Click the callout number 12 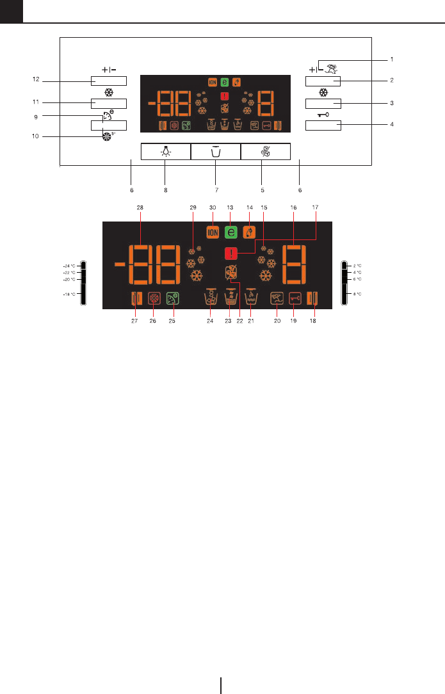pos(36,81)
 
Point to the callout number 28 pos(141,208)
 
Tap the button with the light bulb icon pos(165,152)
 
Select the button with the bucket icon pos(216,152)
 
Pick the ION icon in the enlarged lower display pos(213,234)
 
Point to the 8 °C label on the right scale pos(359,294)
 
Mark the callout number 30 pos(213,208)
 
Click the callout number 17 pos(314,208)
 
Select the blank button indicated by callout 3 pos(323,103)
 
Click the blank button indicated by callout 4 pos(323,125)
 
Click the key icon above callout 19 pos(295,297)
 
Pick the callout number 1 pos(391,59)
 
